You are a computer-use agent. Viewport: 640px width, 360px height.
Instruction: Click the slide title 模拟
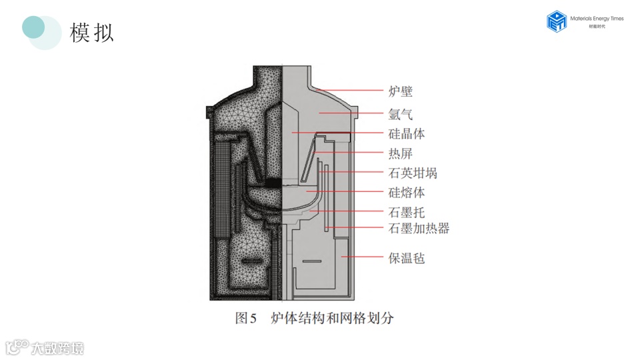pyautogui.click(x=92, y=32)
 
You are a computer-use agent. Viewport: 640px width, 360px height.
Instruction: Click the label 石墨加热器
pyautogui.click(x=418, y=229)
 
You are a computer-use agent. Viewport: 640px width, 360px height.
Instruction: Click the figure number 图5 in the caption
pyautogui.click(x=246, y=319)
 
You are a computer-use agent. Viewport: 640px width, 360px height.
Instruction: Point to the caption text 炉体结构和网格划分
pyautogui.click(x=332, y=319)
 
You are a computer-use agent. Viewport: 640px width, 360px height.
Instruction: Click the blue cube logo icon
pyautogui.click(x=556, y=21)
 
